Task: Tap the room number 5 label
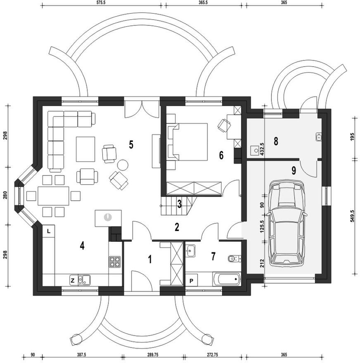131,145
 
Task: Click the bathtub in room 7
227,279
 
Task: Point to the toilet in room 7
234,258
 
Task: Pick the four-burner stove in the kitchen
115,262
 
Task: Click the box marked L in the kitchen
49,231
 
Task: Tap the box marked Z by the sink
73,280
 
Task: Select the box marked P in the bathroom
191,281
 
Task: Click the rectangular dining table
54,196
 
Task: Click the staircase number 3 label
179,204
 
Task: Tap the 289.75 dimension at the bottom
152,355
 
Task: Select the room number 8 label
276,141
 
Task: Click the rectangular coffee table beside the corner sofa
85,149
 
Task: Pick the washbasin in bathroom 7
191,251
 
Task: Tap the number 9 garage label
294,171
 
